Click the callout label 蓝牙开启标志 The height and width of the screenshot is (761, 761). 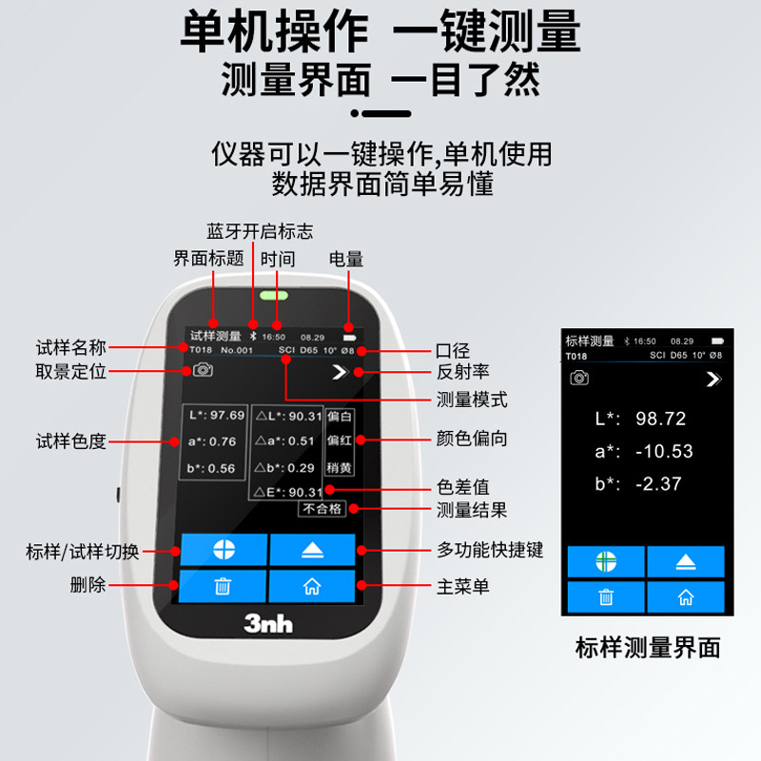click(x=260, y=231)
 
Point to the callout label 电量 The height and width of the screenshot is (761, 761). click(x=345, y=259)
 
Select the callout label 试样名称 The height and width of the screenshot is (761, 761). click(x=70, y=348)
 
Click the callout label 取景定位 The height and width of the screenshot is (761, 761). click(x=70, y=372)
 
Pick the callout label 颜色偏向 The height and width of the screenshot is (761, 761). click(x=471, y=439)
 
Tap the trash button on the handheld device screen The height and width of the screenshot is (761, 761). click(x=224, y=586)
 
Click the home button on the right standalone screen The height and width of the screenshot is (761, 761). click(x=685, y=596)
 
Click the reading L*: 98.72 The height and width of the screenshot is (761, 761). click(x=640, y=419)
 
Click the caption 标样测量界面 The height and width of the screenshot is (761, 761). click(x=647, y=649)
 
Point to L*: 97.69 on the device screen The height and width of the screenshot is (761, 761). click(x=214, y=416)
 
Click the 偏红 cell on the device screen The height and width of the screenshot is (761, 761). click(x=339, y=441)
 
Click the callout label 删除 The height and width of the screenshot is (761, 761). click(x=88, y=584)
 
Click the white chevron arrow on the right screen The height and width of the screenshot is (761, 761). click(x=712, y=380)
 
